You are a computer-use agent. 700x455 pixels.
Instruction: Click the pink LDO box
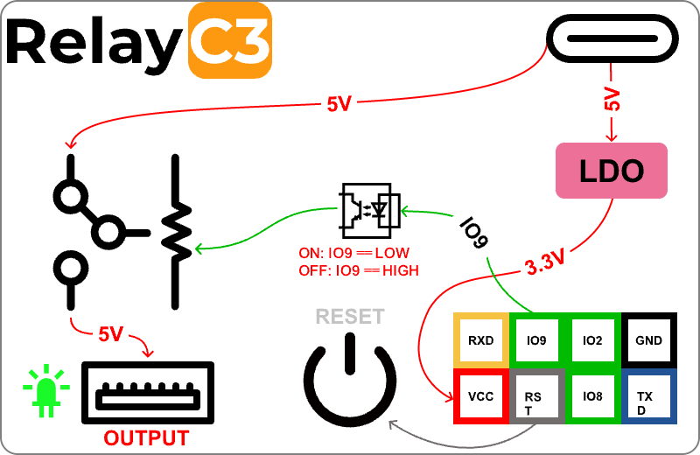click(612, 170)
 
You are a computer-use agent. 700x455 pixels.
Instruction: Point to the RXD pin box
click(480, 340)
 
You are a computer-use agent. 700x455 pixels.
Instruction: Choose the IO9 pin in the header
click(536, 340)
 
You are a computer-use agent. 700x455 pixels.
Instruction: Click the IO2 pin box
click(592, 340)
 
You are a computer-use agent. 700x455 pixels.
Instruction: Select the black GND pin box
click(649, 340)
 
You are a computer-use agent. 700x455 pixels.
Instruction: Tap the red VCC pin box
click(480, 396)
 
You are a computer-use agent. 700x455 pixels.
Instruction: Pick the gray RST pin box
click(536, 396)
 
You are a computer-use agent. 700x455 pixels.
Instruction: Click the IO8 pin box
click(592, 396)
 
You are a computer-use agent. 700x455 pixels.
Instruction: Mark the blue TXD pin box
click(649, 396)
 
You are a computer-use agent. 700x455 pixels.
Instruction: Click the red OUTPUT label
click(146, 437)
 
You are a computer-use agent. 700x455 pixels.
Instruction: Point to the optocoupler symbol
click(369, 208)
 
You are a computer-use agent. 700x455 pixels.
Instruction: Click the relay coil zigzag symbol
click(176, 232)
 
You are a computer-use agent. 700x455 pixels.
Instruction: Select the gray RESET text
click(350, 316)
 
